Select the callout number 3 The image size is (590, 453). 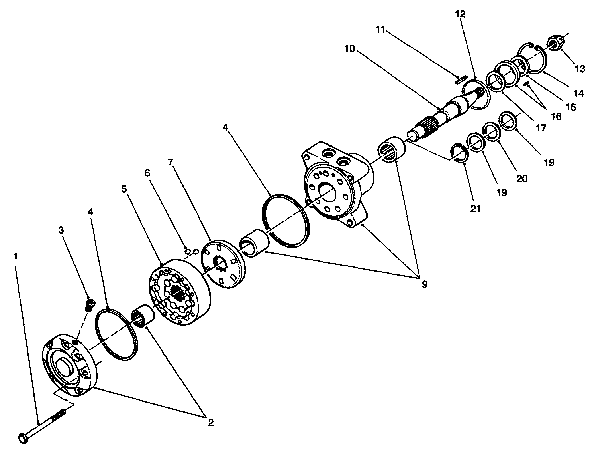pyautogui.click(x=61, y=230)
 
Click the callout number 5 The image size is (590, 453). pyautogui.click(x=124, y=189)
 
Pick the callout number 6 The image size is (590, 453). pyautogui.click(x=147, y=173)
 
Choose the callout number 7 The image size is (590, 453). pyautogui.click(x=170, y=162)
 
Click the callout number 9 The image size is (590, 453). pyautogui.click(x=424, y=284)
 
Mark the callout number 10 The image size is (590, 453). pyautogui.click(x=349, y=49)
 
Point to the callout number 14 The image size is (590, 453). pyautogui.click(x=578, y=93)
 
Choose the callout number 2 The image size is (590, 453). pyautogui.click(x=211, y=423)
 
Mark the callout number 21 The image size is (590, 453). pyautogui.click(x=475, y=209)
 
